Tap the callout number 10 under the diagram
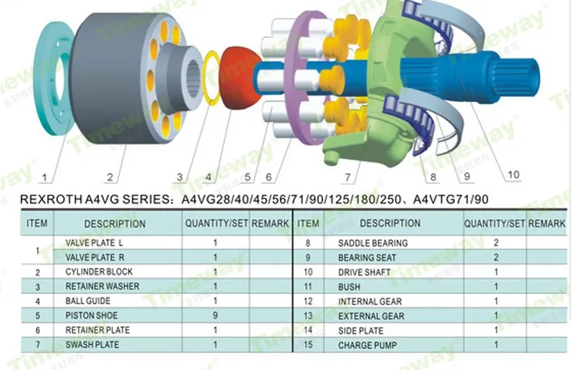pos(513,175)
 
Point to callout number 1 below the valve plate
pos(44,177)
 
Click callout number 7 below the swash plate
pos(348,177)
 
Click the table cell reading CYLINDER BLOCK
pos(99,272)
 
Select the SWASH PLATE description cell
pos(92,345)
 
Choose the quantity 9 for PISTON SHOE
pos(215,315)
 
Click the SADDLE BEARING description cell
pos(373,243)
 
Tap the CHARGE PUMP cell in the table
pos(367,345)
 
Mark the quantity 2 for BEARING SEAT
pos(496,257)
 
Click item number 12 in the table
pos(308,301)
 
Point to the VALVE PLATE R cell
pos(95,257)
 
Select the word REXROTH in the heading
pos(51,199)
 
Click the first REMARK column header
pos(270,223)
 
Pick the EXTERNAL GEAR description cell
pos(371,316)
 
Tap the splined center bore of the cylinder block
pos(193,78)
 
